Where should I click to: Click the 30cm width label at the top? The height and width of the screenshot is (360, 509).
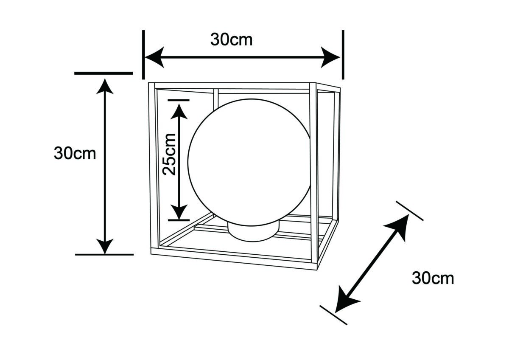click(231, 40)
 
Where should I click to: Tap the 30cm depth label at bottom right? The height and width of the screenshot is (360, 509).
click(433, 278)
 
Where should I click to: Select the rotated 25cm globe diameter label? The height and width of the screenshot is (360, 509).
click(169, 155)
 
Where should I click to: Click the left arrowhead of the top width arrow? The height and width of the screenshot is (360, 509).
click(154, 57)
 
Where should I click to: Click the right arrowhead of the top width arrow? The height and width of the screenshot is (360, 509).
click(330, 57)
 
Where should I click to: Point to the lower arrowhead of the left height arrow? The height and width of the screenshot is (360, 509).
click(105, 246)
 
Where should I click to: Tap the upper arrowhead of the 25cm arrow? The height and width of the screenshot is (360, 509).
click(179, 111)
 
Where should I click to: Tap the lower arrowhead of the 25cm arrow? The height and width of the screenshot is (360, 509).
click(179, 212)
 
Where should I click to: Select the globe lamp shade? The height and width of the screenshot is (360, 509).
click(249, 162)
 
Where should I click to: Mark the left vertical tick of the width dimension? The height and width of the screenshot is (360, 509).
click(143, 55)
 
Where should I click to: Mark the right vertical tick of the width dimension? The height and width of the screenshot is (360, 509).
click(343, 55)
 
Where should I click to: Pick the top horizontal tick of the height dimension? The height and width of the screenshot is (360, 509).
click(103, 73)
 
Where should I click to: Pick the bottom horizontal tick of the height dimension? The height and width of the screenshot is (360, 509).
click(104, 255)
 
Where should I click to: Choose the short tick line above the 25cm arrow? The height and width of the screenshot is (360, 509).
click(179, 100)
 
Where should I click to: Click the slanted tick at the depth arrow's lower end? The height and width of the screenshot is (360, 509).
click(333, 315)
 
